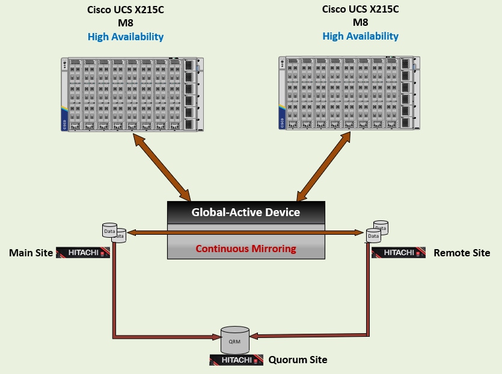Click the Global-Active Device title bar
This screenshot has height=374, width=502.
click(245, 213)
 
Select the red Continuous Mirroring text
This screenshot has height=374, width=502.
click(245, 249)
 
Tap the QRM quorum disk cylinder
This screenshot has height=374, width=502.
click(235, 340)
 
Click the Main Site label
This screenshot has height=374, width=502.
click(31, 253)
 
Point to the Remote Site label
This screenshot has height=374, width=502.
click(462, 253)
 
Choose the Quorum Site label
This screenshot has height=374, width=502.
click(298, 360)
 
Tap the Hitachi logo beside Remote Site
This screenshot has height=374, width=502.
click(399, 253)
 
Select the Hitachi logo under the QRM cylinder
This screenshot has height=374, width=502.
click(236, 360)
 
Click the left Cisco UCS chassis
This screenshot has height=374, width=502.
click(132, 94)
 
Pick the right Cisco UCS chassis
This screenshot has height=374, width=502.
click(349, 92)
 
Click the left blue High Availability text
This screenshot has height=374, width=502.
click(125, 37)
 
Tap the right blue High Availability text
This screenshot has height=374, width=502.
click(360, 36)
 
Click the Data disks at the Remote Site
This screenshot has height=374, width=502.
click(377, 231)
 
